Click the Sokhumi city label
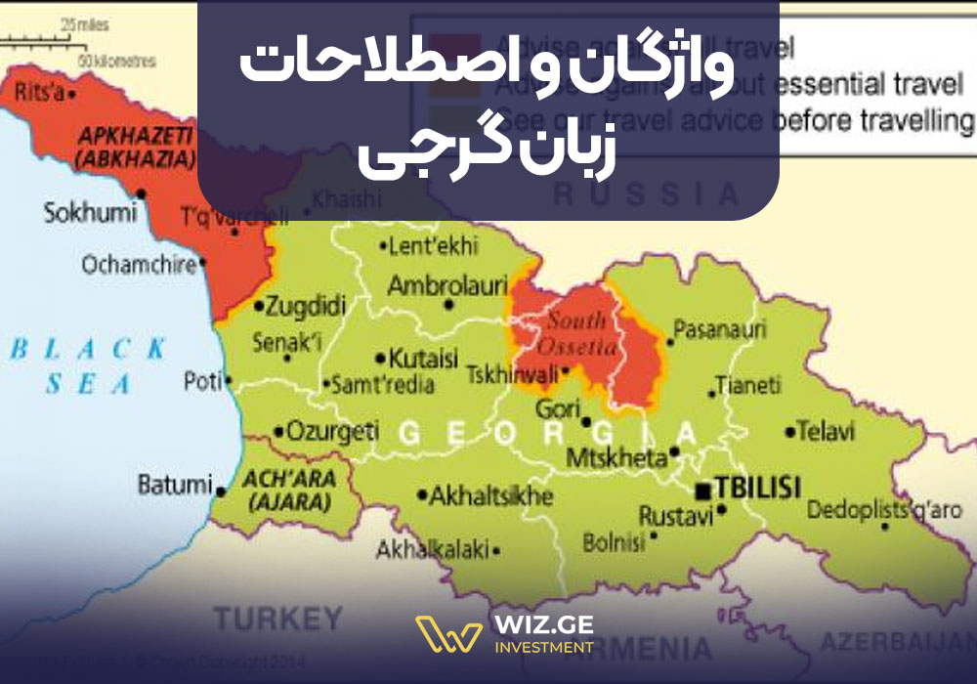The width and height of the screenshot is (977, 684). point(87,212)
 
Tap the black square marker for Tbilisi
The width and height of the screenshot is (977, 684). point(702,488)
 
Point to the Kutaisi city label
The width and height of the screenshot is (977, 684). point(423,357)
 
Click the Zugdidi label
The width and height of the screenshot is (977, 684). point(306,307)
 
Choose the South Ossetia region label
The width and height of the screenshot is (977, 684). point(582,333)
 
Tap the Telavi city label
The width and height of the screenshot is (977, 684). point(826,431)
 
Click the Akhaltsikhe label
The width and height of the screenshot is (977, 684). point(491,496)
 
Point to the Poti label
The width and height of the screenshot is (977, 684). point(204,382)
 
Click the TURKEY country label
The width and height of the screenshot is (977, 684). point(278,619)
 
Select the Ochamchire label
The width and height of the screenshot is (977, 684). point(140,265)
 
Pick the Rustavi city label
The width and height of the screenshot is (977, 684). point(676,517)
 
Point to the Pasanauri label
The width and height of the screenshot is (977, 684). point(720,330)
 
